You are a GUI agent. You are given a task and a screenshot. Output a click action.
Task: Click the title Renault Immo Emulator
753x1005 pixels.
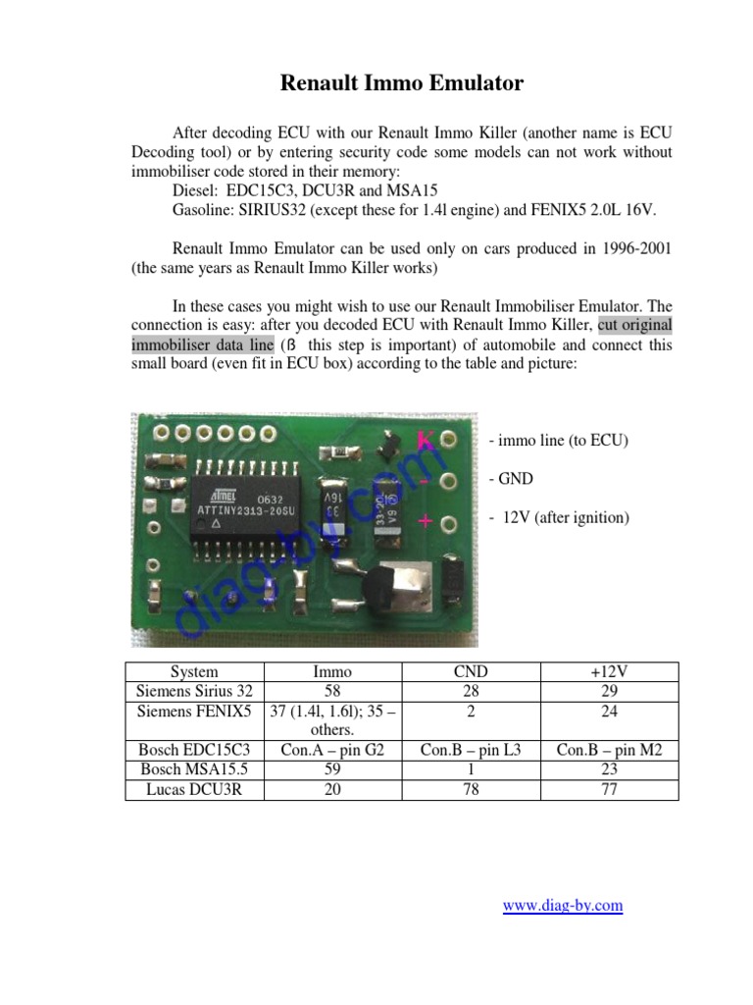click(401, 82)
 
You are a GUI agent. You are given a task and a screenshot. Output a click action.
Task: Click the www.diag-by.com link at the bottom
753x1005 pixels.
click(563, 905)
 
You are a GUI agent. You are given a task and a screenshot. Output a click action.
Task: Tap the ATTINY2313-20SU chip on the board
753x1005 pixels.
click(246, 506)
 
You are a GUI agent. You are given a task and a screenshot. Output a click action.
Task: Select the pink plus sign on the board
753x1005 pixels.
click(426, 521)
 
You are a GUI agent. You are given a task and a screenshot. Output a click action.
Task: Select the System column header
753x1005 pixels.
click(194, 671)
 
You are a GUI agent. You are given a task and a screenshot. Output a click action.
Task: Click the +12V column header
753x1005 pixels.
click(609, 671)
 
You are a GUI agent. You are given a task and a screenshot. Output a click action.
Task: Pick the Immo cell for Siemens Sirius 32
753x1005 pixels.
click(332, 691)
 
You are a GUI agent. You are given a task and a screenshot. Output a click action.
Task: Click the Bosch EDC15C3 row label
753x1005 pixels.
click(194, 749)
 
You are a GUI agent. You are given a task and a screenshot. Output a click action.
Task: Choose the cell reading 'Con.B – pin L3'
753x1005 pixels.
click(471, 749)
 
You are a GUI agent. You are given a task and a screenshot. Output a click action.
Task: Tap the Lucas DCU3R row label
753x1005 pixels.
click(194, 789)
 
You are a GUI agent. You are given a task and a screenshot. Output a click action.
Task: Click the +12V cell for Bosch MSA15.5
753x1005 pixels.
click(609, 769)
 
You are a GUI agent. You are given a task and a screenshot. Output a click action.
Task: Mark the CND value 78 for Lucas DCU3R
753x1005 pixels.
click(471, 789)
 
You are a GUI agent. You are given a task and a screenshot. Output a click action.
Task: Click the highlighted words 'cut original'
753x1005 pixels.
click(634, 324)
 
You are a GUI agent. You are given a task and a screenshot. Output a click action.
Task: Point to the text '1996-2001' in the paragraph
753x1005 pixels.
click(636, 248)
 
